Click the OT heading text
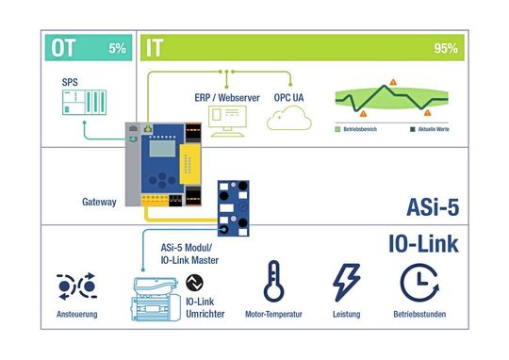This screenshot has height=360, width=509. [64, 47]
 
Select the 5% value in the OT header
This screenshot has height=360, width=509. [117, 47]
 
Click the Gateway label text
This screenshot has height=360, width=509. [101, 202]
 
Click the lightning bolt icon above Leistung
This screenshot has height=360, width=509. [345, 283]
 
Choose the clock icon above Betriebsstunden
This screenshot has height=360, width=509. [418, 283]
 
